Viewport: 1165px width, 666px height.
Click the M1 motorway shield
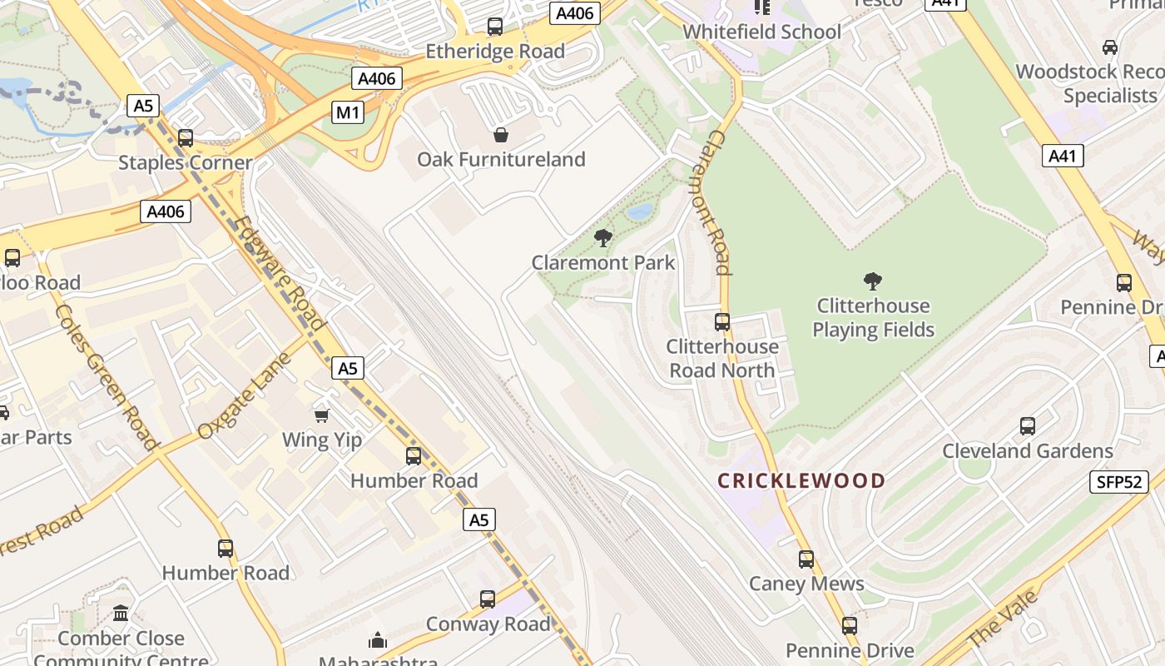click(349, 112)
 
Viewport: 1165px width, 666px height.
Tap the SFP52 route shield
click(1118, 482)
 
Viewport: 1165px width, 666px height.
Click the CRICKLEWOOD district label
click(801, 480)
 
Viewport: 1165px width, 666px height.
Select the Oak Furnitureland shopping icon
click(501, 134)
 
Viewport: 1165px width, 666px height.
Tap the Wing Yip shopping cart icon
click(321, 415)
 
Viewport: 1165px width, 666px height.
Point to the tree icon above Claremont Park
click(603, 239)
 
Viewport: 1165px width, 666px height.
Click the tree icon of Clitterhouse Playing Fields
click(872, 281)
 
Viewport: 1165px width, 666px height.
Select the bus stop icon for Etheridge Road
click(495, 27)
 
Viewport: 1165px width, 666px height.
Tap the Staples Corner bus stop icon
click(185, 138)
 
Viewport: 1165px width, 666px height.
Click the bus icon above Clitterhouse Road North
click(721, 321)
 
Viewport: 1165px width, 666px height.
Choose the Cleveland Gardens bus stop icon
click(1027, 426)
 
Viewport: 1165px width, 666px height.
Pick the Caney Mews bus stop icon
click(806, 559)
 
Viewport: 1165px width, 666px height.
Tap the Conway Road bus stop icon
click(488, 599)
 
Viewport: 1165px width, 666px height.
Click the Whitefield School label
click(761, 32)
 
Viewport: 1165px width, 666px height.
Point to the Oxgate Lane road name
click(245, 396)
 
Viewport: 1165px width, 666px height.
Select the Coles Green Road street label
click(107, 377)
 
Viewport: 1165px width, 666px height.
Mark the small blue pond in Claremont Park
click(640, 211)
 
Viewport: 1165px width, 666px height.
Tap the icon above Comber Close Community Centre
click(121, 614)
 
